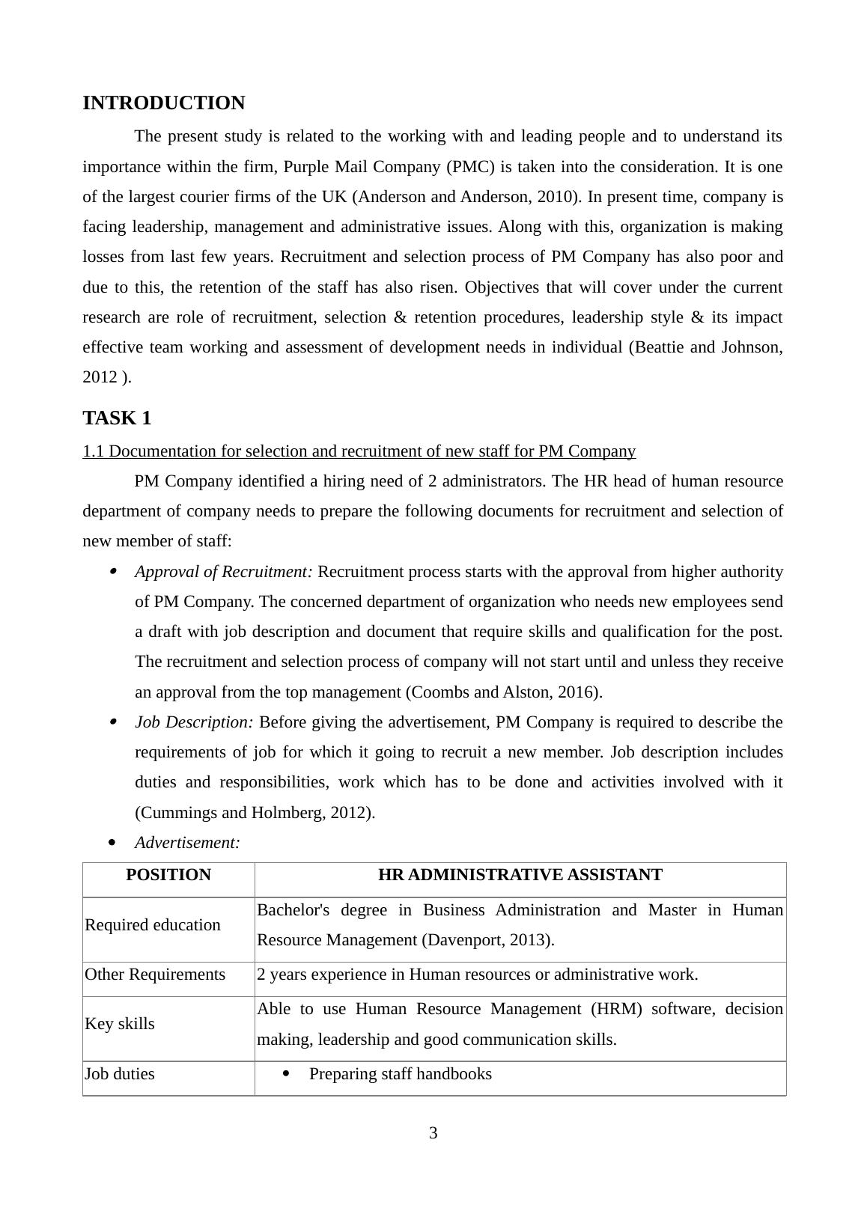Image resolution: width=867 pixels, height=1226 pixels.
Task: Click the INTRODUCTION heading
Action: (163, 103)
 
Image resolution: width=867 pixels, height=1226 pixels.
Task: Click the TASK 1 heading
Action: (117, 418)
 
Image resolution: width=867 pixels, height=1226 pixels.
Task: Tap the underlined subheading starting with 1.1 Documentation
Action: (359, 451)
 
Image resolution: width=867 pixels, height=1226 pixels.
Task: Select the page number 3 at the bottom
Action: (433, 1133)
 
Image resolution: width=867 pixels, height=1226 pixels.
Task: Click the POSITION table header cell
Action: (168, 875)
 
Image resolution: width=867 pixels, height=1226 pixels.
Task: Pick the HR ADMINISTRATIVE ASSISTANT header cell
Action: (520, 875)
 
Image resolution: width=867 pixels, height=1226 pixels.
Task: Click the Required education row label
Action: (153, 925)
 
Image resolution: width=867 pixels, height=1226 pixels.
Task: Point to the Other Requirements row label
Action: (155, 975)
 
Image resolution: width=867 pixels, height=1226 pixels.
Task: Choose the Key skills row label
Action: (120, 1024)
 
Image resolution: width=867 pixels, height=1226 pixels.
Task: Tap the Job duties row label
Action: (120, 1074)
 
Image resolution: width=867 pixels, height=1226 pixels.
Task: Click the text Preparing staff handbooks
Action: (401, 1074)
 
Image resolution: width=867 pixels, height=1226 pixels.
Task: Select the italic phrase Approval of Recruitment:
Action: (224, 572)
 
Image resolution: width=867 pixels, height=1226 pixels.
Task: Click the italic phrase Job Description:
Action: (194, 722)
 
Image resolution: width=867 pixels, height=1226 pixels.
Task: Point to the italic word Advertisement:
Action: (187, 843)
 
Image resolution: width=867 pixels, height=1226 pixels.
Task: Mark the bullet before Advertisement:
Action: (112, 843)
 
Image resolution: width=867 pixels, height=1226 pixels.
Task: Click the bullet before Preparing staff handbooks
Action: (286, 1074)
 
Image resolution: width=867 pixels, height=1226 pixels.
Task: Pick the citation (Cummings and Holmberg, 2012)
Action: (255, 813)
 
